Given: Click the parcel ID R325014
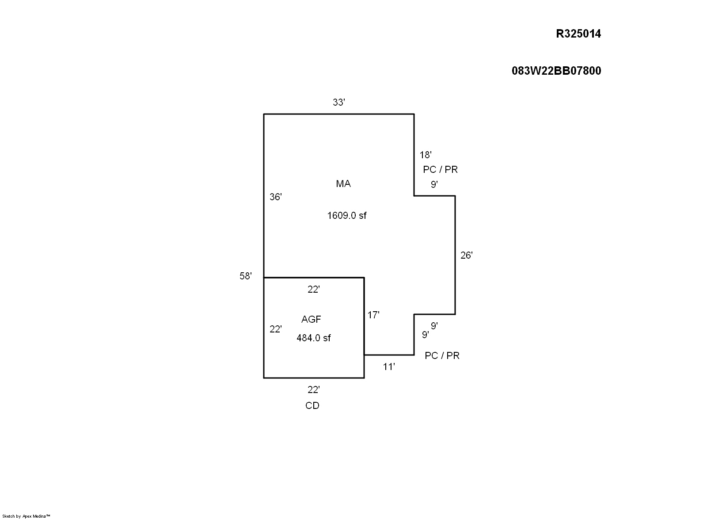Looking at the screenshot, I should point(578,34).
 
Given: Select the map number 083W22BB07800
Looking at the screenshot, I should point(556,71).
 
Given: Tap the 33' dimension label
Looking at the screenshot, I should point(338,103).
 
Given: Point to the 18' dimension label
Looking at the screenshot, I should point(425,155).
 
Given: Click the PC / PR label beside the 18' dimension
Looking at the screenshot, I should point(440,169).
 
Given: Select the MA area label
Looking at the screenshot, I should point(343,184).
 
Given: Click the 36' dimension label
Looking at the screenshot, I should point(275,197).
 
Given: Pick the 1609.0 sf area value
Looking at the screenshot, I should point(346,216).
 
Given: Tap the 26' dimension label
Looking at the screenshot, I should point(466,255).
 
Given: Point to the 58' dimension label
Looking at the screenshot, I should point(245,276).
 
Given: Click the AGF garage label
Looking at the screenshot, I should point(311,319).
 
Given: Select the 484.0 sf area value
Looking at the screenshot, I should point(313,338).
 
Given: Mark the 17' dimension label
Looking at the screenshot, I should point(373,315).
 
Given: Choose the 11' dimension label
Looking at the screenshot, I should point(388,367).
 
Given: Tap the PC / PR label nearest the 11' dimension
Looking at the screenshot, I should point(442,355).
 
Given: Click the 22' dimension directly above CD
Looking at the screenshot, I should point(313,390).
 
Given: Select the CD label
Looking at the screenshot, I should point(312,406).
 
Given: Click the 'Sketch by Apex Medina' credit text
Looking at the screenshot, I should point(27,516).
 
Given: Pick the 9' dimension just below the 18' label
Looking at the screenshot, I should point(434,184).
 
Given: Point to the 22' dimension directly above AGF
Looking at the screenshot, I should point(313,290).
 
